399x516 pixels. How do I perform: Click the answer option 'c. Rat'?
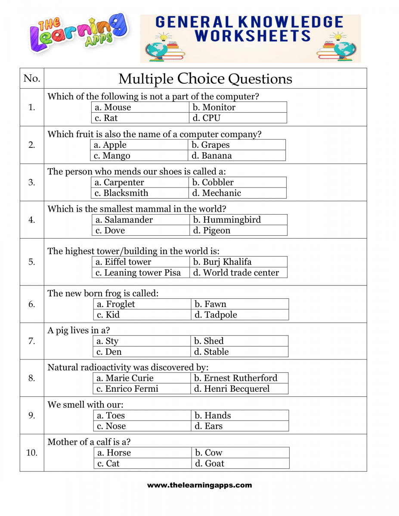[106, 118]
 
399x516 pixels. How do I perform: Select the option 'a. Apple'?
[110, 145]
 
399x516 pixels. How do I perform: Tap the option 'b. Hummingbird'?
[227, 220]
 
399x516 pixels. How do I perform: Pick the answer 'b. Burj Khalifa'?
[222, 262]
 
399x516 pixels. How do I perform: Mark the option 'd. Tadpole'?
[216, 315]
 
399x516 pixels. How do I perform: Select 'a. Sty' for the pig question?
[107, 341]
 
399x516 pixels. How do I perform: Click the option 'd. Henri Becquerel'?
[232, 389]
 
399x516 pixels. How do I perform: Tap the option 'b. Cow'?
[208, 452]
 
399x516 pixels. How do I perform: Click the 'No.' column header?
[32, 78]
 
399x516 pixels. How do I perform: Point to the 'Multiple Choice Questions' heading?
[205, 79]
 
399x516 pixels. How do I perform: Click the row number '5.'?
[32, 262]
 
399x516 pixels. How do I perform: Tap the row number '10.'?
[32, 452]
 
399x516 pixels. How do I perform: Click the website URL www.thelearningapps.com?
[199, 485]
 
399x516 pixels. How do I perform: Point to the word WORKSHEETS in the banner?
[253, 36]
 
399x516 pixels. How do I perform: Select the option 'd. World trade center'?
[236, 273]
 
